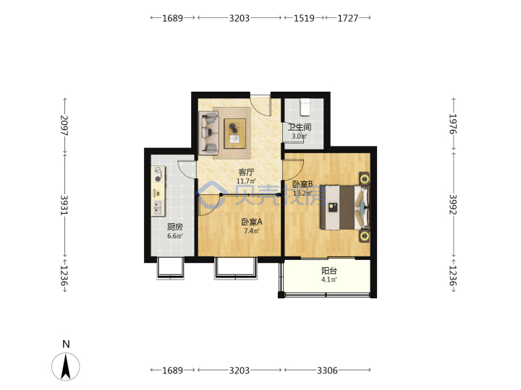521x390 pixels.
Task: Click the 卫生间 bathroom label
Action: click(300, 127)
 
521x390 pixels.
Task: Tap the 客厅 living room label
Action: click(246, 172)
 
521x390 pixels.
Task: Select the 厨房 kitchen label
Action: click(175, 227)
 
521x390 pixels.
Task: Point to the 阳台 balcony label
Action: click(329, 271)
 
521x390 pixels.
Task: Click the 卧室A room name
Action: click(252, 222)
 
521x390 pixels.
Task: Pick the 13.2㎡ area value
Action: click(302, 193)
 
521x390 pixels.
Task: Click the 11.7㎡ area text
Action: click(246, 181)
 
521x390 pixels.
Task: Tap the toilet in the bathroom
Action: click(305, 107)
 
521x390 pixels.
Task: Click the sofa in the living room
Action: click(208, 133)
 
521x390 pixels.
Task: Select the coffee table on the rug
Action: click(235, 134)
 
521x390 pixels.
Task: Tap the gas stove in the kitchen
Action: click(158, 175)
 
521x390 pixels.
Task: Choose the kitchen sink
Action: click(158, 207)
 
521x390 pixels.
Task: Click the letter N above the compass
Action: click(66, 344)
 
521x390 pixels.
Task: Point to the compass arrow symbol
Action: click(66, 366)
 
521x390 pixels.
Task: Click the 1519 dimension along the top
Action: click(304, 18)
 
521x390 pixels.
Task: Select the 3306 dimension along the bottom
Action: click(327, 370)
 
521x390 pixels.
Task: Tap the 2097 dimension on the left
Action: click(64, 125)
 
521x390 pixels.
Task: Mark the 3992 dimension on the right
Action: click(453, 204)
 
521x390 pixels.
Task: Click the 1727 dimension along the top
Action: click(348, 18)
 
